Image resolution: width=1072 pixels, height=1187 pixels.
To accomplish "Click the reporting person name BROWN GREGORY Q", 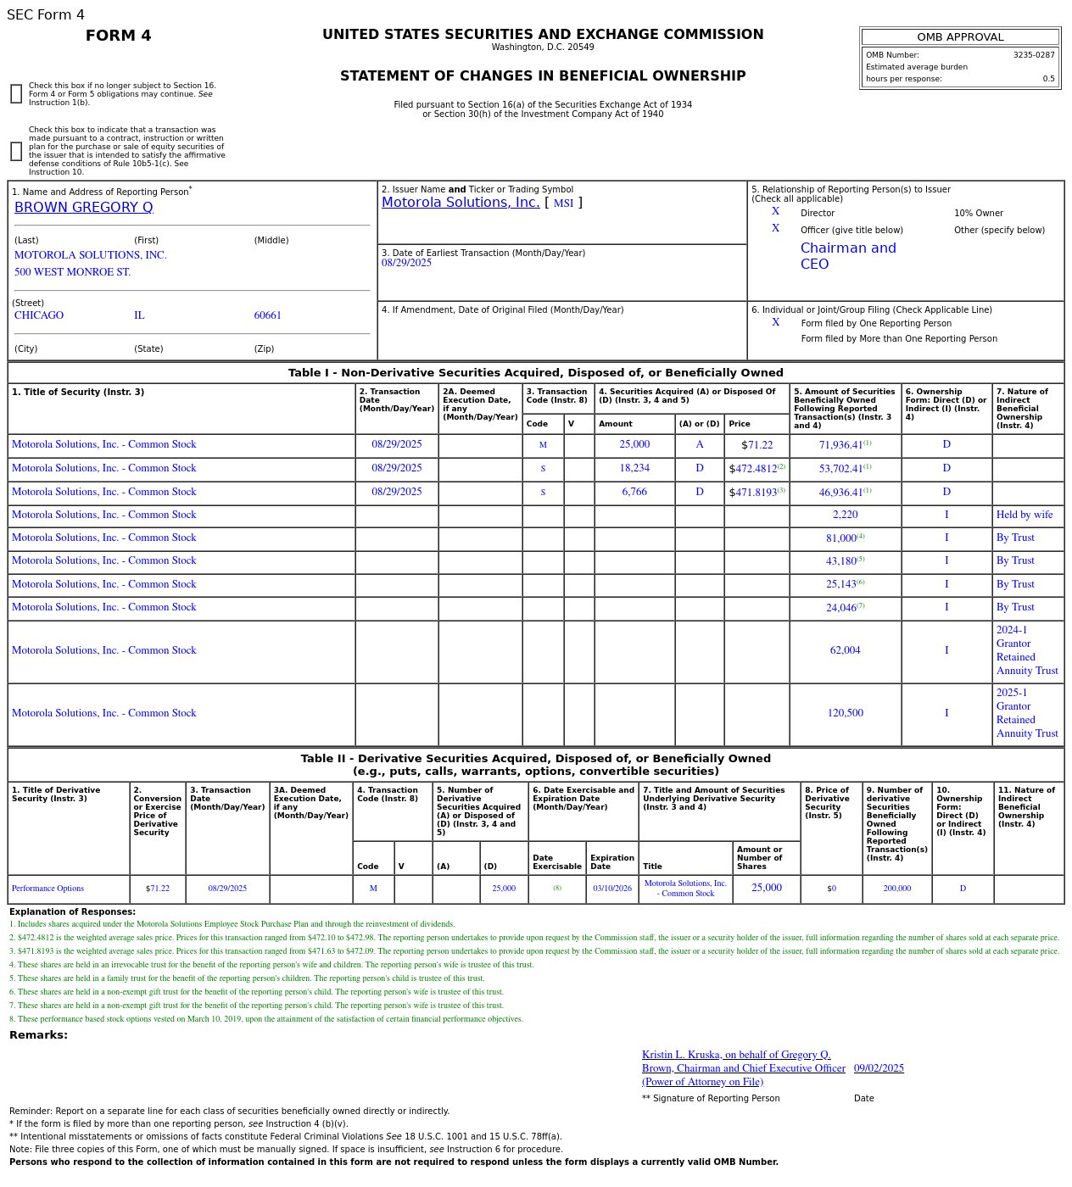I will [83, 208].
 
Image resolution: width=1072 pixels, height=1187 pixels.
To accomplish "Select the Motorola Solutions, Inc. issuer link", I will [461, 203].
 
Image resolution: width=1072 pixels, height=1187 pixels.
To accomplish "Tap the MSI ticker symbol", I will [563, 203].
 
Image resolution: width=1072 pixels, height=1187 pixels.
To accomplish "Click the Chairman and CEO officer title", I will [847, 256].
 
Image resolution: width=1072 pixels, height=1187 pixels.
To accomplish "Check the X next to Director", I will [775, 212].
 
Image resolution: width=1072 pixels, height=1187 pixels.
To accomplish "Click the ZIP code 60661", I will [267, 315].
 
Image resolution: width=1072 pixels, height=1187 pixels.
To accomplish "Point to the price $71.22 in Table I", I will [757, 445].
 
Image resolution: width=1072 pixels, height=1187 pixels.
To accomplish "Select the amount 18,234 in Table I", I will [634, 468].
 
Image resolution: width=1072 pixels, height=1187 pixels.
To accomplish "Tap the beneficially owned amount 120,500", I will [845, 713].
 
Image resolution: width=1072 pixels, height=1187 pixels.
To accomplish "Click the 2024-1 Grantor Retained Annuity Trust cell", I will [1026, 650].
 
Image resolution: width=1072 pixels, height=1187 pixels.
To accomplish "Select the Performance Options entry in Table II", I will [47, 889].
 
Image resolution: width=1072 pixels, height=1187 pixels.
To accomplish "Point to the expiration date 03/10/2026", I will [611, 889].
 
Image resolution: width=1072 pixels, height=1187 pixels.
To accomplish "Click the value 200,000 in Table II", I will [896, 889].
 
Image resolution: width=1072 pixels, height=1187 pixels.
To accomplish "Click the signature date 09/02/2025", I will [879, 1068].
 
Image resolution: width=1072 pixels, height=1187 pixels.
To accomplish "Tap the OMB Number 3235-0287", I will [1033, 55].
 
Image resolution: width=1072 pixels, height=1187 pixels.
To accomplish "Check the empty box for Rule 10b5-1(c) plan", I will [16, 152].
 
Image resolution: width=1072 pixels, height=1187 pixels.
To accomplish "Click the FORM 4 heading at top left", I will [118, 36].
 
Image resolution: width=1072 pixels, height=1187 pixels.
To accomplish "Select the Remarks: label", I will [38, 1035].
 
